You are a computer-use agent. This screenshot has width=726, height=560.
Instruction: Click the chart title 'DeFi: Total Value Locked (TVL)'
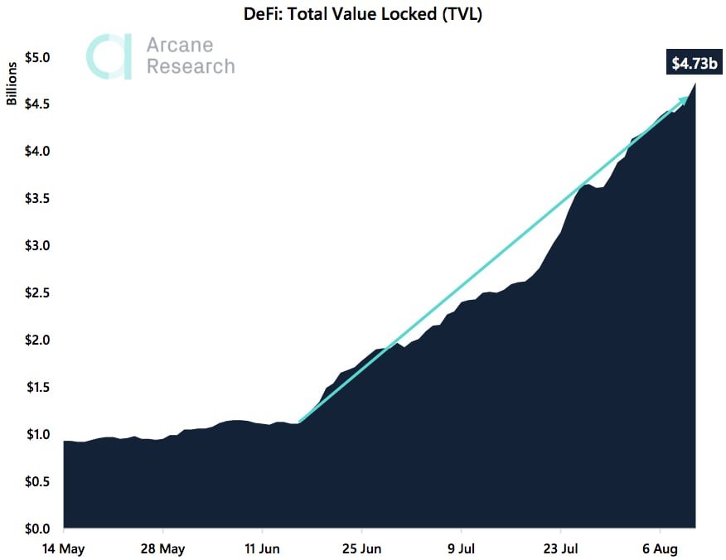362,13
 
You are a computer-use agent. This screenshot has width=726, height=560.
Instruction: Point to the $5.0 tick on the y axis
36,58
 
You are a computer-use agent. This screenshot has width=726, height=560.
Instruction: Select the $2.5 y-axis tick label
36,293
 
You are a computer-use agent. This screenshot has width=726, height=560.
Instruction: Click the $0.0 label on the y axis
36,529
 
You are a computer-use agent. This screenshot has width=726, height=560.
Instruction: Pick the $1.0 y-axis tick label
36,434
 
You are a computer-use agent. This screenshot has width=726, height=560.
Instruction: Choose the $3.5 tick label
36,199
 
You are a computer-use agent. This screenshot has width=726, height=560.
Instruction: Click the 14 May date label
64,548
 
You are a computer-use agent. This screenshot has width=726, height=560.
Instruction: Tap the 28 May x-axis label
163,548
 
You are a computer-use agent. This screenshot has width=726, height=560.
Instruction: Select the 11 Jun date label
262,548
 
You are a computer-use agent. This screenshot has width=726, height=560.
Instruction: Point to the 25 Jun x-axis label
361,548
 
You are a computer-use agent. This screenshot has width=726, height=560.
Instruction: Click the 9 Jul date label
461,548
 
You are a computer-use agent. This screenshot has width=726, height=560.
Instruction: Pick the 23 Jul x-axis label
560,548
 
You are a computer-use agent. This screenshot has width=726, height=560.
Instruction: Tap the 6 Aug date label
660,548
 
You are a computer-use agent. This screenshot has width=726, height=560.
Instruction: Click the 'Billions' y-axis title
12,84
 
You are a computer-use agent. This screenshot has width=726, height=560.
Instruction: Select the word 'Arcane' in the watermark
179,46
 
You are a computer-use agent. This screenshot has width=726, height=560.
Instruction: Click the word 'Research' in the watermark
191,66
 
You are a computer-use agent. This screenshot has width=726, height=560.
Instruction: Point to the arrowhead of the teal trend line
684,99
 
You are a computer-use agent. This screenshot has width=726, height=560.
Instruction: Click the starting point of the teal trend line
298,422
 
